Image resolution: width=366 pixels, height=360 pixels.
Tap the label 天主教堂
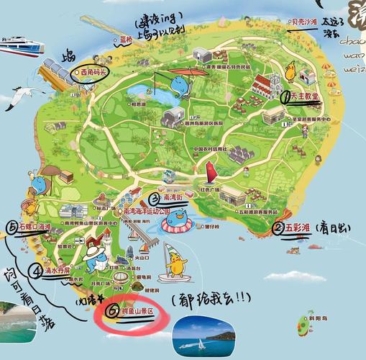point(306,97)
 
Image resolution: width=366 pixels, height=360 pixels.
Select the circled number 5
point(12,228)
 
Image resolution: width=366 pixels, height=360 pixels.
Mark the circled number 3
point(154,199)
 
